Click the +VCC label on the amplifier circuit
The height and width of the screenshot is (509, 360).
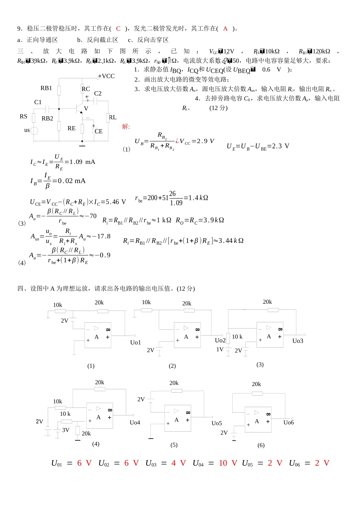[x=106, y=76]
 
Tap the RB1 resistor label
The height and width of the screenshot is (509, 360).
[x=46, y=88]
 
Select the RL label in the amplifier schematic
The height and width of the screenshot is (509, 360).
[x=113, y=117]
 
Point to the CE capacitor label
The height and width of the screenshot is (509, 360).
[x=99, y=131]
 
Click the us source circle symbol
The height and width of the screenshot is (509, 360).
[x=34, y=131]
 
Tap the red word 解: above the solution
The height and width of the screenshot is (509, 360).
[x=126, y=126]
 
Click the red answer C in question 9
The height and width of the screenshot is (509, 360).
[x=118, y=28]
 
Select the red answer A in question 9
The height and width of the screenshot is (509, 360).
[x=225, y=28]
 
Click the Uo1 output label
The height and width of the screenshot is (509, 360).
[x=135, y=342]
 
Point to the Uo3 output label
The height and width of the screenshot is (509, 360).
[x=298, y=341]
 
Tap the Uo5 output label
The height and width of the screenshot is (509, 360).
[x=217, y=423]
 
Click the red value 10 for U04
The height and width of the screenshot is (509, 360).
[x=223, y=463]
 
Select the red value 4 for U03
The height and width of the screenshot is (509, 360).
[x=174, y=463]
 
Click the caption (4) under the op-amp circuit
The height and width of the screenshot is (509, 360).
[x=96, y=444]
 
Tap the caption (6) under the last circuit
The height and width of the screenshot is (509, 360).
[x=261, y=445]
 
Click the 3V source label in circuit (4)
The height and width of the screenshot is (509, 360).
[x=66, y=430]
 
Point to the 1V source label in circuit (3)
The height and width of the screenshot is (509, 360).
[x=220, y=350]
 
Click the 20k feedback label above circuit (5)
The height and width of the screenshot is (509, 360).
[x=174, y=383]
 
